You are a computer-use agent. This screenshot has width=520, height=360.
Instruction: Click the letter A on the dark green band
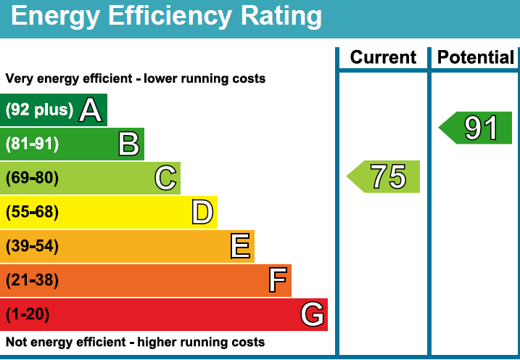(90, 110)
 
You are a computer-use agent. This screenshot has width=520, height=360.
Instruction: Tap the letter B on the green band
(128, 144)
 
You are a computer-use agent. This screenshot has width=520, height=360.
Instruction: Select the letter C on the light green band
(165, 178)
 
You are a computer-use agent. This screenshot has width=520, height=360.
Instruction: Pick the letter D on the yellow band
(202, 212)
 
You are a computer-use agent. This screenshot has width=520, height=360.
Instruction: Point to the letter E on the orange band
(241, 246)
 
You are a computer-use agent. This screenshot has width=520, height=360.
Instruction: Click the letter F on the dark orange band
(277, 280)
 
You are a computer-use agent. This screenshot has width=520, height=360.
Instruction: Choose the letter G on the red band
(312, 314)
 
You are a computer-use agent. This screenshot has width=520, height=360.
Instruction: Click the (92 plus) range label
(40, 110)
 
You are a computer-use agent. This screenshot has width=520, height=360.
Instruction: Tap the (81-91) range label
(32, 144)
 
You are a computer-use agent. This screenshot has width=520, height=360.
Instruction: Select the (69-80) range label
(32, 178)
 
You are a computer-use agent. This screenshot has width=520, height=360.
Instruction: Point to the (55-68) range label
(32, 212)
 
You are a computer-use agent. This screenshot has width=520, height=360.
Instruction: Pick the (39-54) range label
(32, 246)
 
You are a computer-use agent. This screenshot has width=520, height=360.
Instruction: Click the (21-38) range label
(32, 280)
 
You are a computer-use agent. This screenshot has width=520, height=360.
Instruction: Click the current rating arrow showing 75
(384, 176)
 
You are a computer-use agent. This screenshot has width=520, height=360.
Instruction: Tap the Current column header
(383, 58)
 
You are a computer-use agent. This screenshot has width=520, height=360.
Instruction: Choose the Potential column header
(476, 58)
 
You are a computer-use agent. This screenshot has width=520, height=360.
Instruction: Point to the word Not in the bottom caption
(16, 342)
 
